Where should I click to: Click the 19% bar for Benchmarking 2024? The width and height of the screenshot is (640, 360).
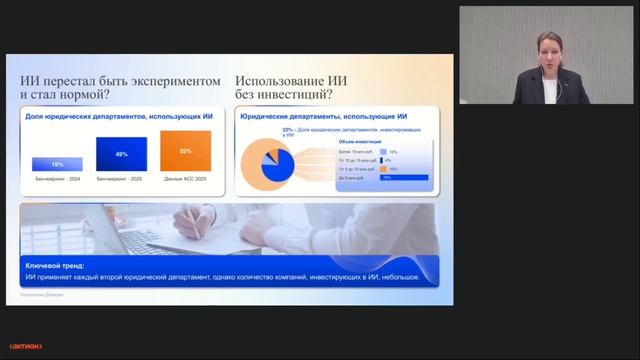click(57, 164)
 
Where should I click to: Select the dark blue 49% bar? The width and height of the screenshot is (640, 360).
click(121, 154)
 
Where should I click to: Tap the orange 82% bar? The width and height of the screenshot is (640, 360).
click(185, 151)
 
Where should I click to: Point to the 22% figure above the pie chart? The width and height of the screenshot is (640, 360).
click(288, 130)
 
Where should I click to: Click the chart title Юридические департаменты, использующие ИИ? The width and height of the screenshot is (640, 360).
click(321, 117)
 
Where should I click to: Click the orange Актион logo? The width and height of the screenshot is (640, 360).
click(25, 346)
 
